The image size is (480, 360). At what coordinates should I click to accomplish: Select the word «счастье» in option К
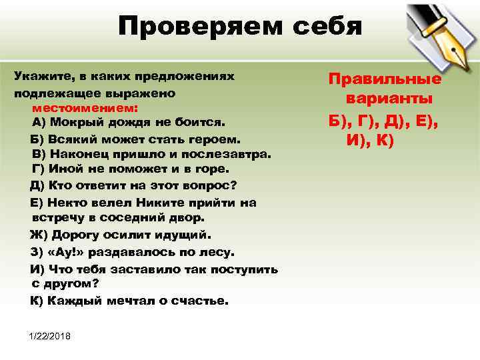[x=199, y=301]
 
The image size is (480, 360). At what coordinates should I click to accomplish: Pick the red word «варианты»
[x=389, y=99]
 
